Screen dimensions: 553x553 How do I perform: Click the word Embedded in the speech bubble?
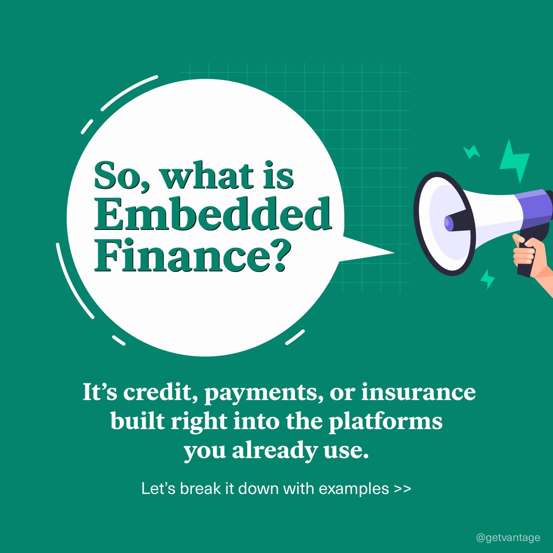213,214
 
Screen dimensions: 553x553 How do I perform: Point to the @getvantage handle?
508,537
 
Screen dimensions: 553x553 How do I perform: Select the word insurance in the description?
418,392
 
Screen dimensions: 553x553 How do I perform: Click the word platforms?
385,422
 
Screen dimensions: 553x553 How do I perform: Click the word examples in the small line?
354,489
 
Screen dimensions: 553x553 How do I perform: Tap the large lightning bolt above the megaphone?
514,161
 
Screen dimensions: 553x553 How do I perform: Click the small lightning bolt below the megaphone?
487,279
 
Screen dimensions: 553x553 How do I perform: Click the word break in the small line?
200,488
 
